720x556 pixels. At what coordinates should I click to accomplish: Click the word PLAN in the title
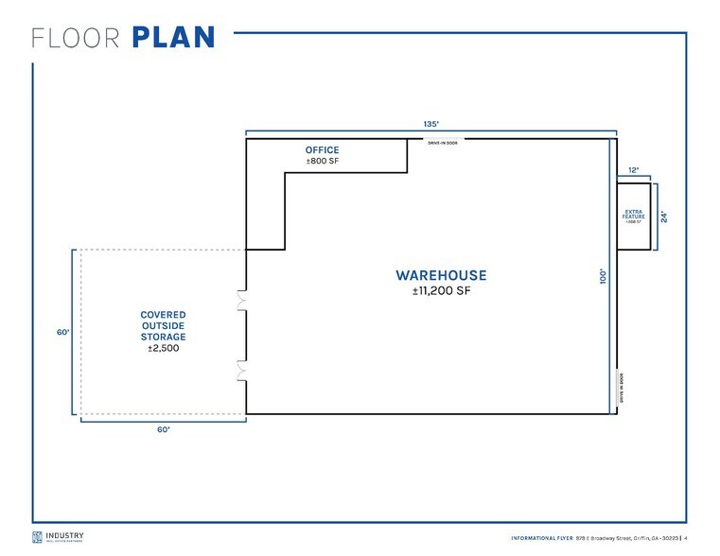(x=173, y=38)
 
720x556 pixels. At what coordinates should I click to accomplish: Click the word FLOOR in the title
(x=77, y=38)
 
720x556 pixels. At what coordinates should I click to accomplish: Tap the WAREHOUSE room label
(x=441, y=276)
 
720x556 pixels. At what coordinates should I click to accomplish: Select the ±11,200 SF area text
(x=441, y=291)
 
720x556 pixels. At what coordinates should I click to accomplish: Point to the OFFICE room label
(x=322, y=150)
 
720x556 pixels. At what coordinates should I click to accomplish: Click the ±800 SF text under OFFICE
(x=322, y=162)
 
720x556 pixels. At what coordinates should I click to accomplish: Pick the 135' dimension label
(x=430, y=124)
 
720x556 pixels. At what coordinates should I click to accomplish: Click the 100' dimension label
(x=603, y=276)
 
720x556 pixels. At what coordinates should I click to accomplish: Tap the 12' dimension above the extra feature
(x=633, y=170)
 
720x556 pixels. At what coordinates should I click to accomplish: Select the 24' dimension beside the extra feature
(x=663, y=217)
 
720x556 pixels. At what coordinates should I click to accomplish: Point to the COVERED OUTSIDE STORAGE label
(x=163, y=325)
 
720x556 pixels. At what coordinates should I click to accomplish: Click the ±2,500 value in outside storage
(x=163, y=349)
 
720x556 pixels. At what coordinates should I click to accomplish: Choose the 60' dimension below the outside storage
(x=163, y=429)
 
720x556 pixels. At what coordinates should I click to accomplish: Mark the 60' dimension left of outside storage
(x=63, y=333)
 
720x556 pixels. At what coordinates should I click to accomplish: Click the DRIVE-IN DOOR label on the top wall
(x=443, y=143)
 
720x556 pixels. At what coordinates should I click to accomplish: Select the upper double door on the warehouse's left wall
(x=242, y=301)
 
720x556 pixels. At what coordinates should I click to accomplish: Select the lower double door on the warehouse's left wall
(x=242, y=370)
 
